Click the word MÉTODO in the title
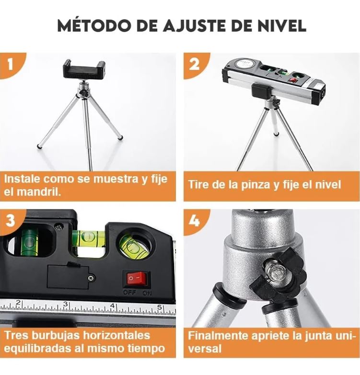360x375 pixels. coord(93,25)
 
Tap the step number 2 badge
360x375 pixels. coord(194,64)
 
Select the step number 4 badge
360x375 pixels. coord(194,221)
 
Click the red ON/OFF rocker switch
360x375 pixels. coord(136,278)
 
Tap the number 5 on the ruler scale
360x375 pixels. coord(160,307)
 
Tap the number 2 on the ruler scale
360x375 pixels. coord(18,303)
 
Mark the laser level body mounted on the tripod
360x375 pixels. coord(273,79)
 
